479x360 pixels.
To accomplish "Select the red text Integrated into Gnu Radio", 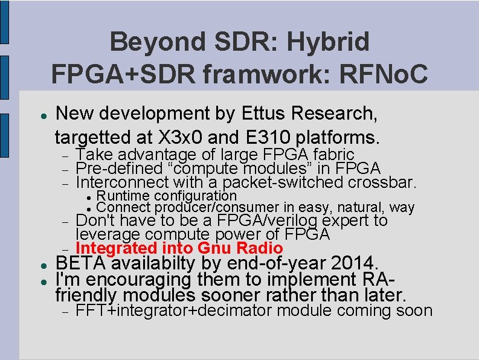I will [x=179, y=248].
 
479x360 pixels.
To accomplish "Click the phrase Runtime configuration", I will [x=167, y=195].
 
